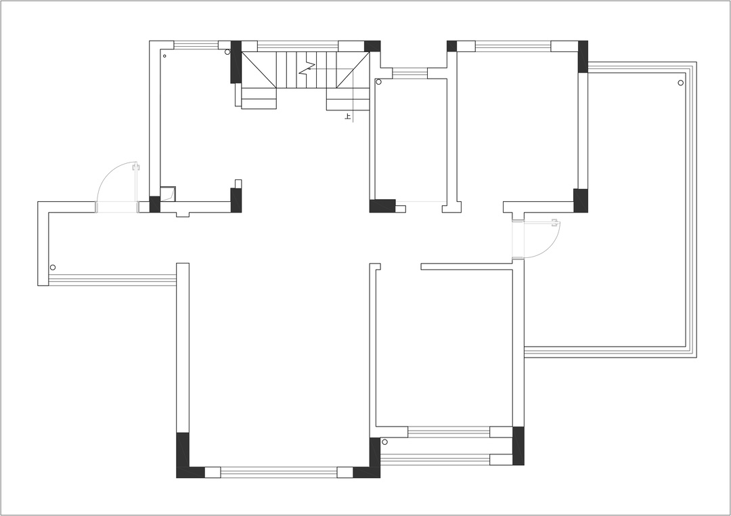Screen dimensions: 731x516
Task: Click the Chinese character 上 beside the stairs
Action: [347, 116]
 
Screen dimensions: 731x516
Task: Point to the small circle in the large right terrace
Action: [681, 83]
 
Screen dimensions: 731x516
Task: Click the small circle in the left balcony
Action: [53, 267]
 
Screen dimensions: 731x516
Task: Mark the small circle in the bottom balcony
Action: [384, 442]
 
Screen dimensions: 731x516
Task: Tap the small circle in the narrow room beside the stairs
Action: [378, 82]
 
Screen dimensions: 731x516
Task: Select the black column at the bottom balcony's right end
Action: [518, 446]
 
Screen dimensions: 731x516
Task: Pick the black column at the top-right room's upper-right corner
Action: [583, 56]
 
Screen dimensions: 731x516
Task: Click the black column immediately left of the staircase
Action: [236, 62]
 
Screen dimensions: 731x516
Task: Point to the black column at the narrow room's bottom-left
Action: [382, 206]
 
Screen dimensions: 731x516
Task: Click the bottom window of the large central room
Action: [279, 473]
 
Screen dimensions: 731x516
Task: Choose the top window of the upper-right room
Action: [513, 46]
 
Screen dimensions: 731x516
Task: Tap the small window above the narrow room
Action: [409, 73]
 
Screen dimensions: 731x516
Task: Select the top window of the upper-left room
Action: [196, 45]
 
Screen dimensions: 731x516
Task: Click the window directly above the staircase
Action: [297, 46]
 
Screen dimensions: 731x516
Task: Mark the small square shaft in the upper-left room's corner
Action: [167, 194]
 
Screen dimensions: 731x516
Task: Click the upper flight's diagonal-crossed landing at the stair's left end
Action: [259, 70]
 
